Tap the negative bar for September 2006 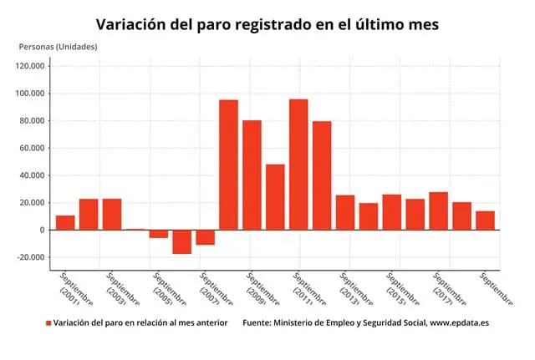(x=181, y=241)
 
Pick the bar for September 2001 (x=65, y=222)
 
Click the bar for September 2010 (x=275, y=197)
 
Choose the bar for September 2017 (x=438, y=210)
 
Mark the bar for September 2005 (x=159, y=234)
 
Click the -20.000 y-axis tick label (x=31, y=257)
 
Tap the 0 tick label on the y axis (x=42, y=230)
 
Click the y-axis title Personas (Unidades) (x=58, y=46)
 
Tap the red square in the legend (x=48, y=323)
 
